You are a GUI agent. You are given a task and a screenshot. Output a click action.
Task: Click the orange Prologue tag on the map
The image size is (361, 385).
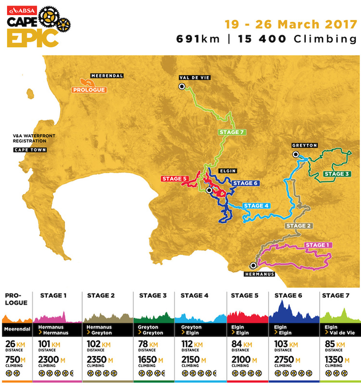(x=89, y=90)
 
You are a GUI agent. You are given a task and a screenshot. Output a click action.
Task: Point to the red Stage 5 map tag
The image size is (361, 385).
(x=174, y=179)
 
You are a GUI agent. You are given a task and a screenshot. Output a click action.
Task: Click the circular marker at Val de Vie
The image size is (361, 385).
(x=182, y=87)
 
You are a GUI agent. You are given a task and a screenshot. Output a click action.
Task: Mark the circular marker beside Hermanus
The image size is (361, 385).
(x=253, y=265)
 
